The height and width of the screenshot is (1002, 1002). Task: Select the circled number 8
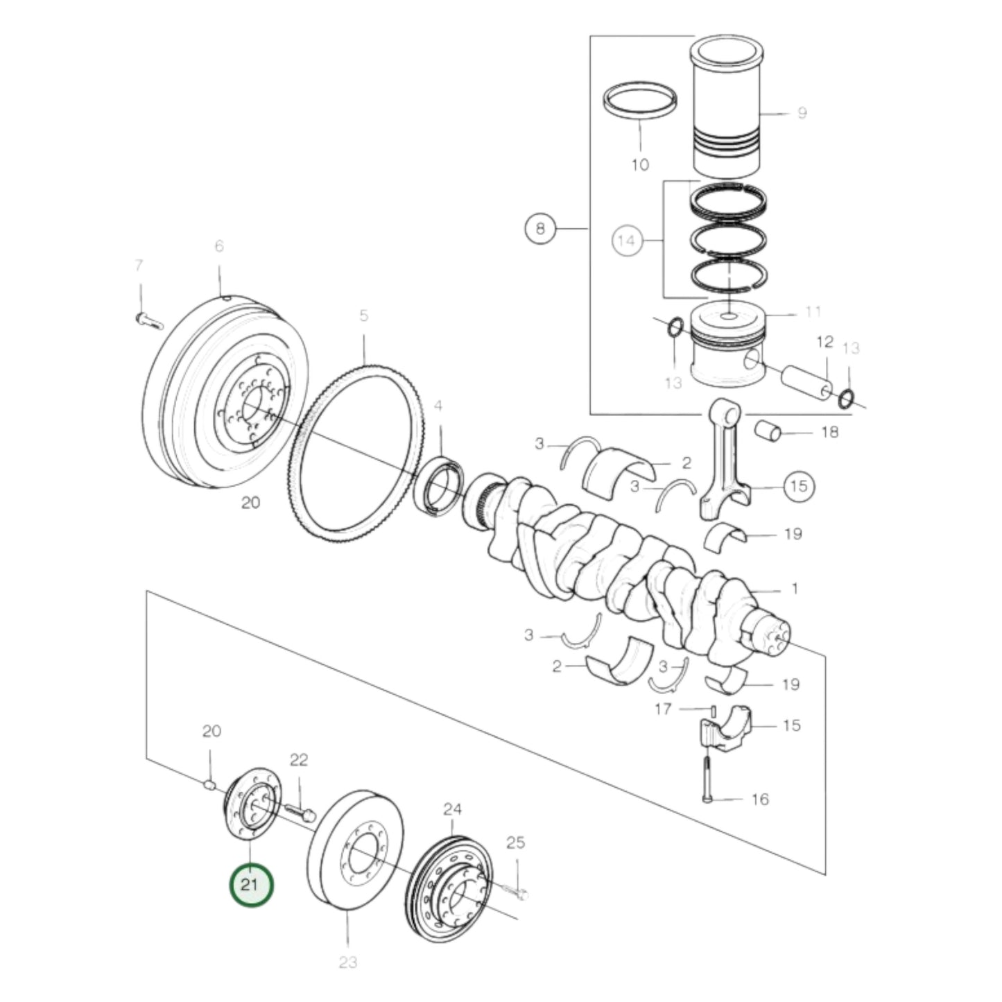point(540,227)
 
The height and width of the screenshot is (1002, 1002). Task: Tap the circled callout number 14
point(626,241)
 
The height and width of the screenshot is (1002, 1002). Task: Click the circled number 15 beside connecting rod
point(799,485)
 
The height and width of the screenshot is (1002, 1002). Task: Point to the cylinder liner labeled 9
point(728,111)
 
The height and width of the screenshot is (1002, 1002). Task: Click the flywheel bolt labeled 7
point(147,320)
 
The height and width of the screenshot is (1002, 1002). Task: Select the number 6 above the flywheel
point(219,246)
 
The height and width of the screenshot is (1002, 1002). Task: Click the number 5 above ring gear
point(363,316)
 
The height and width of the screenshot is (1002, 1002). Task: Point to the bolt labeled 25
point(514,889)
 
